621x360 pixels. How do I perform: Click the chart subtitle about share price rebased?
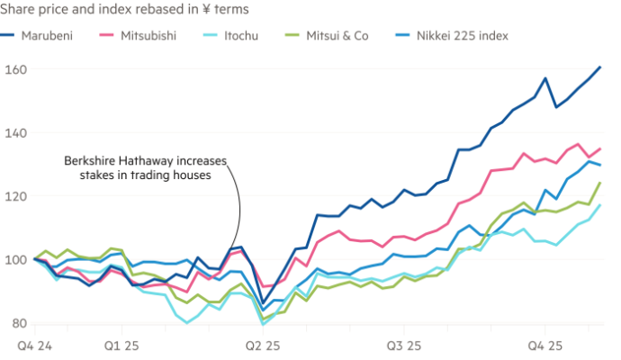click(x=126, y=8)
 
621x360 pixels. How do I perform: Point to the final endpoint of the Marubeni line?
click(x=601, y=66)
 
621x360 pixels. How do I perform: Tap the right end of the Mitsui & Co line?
click(x=601, y=182)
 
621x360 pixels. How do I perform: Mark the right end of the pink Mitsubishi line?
click(x=601, y=148)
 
